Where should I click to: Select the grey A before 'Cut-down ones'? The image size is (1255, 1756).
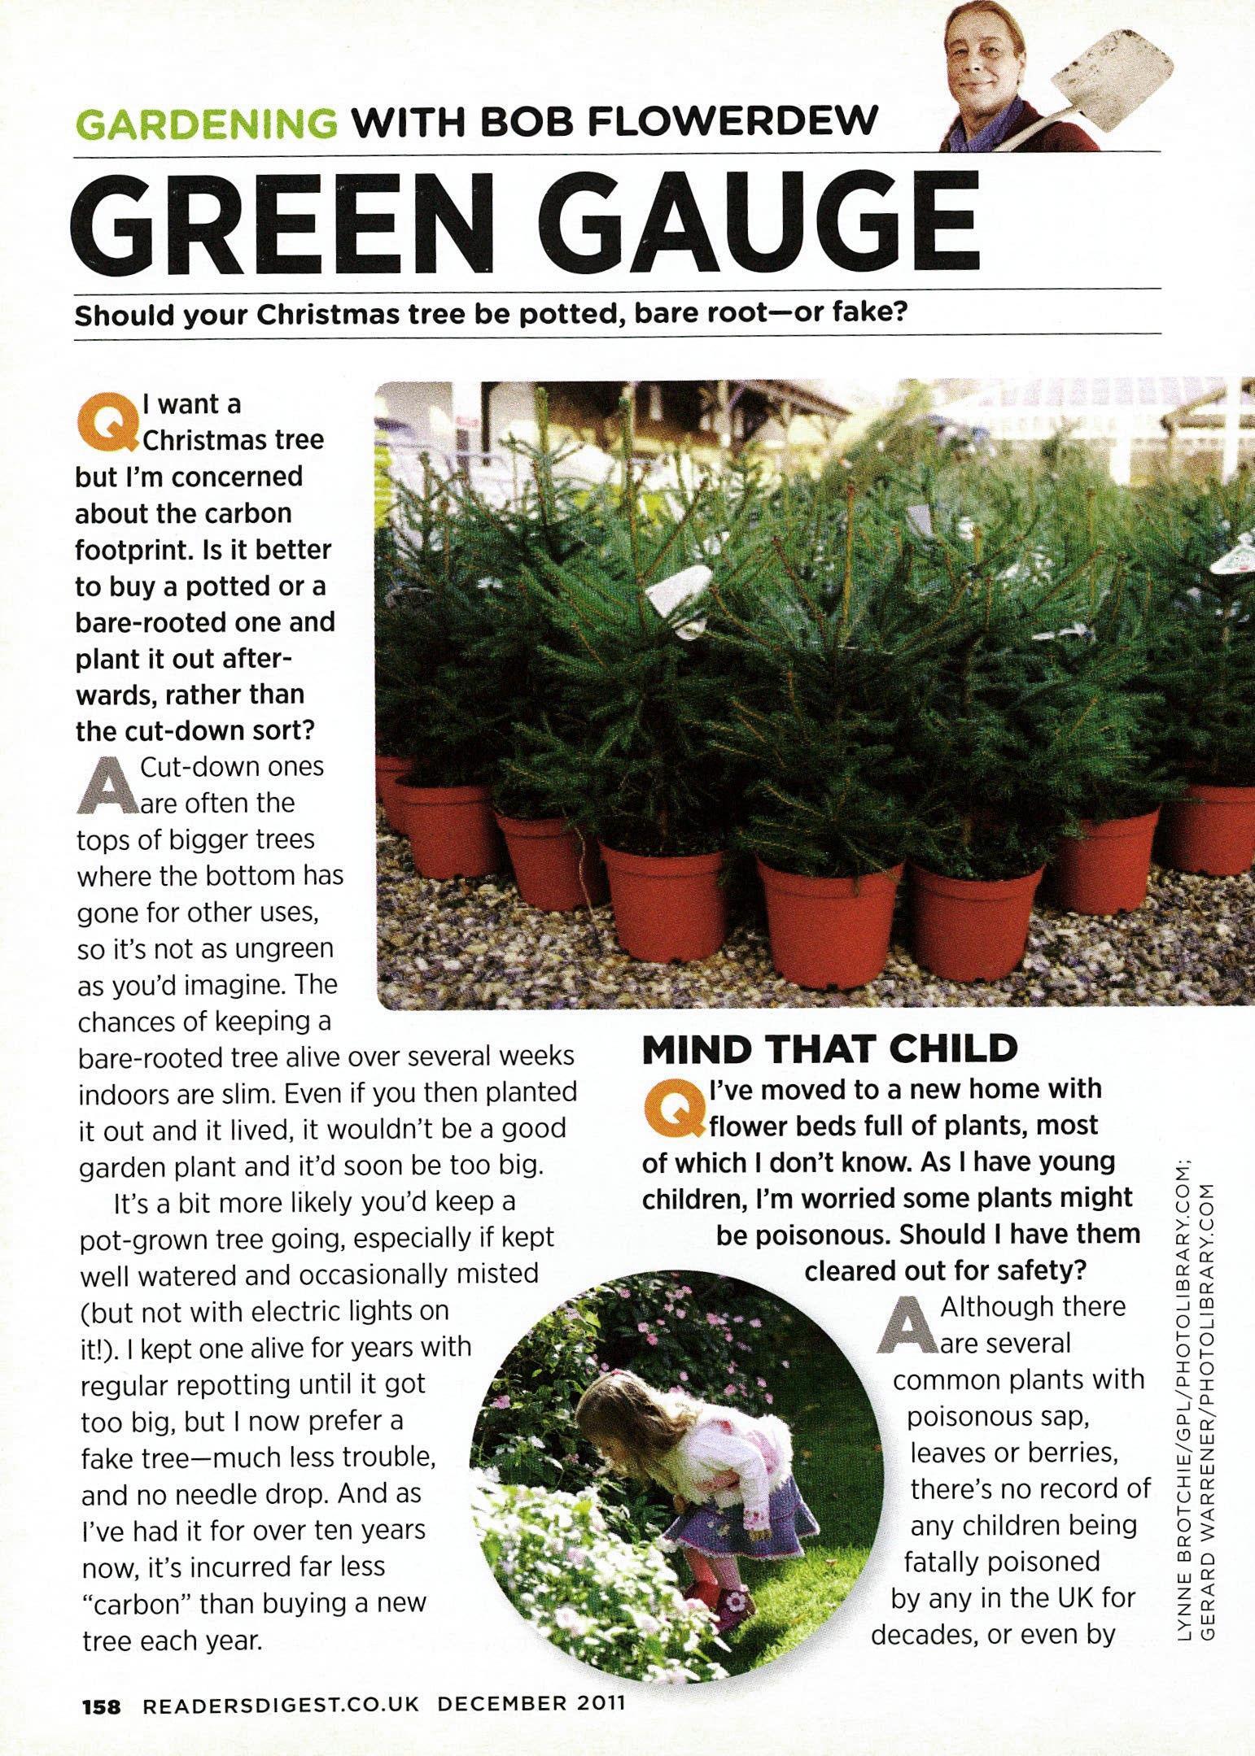[106, 784]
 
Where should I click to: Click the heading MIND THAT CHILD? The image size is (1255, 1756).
[829, 1049]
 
